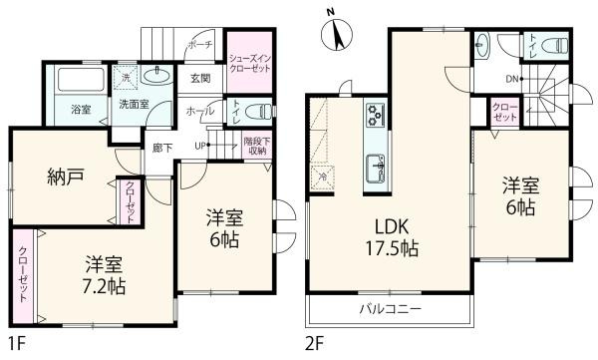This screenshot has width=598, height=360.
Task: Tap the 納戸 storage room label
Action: click(65, 178)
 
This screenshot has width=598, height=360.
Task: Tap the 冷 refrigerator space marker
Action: click(323, 177)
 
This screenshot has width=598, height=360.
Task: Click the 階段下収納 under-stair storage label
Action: click(257, 146)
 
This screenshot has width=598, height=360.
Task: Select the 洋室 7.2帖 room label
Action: click(104, 274)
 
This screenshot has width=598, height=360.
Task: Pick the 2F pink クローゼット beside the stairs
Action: click(505, 113)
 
